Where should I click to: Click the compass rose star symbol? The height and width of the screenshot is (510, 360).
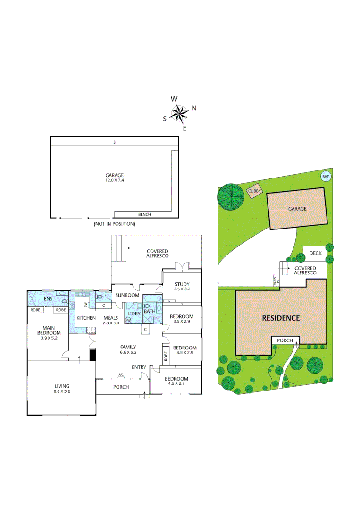[x=179, y=113]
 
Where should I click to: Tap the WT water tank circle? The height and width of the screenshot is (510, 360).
[x=325, y=177]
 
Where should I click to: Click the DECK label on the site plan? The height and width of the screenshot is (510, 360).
[x=315, y=253]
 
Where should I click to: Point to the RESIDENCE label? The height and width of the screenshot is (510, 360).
[x=281, y=318]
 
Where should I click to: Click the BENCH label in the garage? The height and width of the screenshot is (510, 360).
[x=144, y=214]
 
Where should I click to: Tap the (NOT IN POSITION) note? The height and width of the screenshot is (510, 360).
[x=114, y=223]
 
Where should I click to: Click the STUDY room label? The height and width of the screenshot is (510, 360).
[x=182, y=284]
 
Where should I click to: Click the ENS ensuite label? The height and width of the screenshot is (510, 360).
[x=48, y=299]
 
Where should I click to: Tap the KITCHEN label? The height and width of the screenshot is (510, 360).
[x=86, y=318]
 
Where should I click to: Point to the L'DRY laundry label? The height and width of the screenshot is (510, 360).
[x=133, y=313]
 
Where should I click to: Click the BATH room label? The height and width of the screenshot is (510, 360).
[x=150, y=312]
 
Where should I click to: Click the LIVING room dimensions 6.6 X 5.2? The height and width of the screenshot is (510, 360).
[x=62, y=391]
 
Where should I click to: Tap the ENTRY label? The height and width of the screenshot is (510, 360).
[x=139, y=367]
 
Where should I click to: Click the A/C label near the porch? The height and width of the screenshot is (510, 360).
[x=121, y=375]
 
